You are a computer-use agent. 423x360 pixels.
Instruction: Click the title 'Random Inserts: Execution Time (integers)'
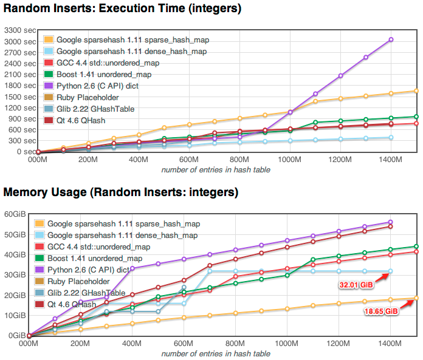122,8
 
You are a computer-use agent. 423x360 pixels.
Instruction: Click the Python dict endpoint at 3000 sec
391,39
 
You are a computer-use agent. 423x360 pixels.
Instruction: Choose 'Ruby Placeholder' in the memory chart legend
75,281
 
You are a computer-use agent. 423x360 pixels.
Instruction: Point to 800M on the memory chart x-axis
235,343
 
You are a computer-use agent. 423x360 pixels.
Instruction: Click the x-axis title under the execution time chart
215,169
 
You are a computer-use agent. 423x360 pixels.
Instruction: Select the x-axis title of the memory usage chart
215,353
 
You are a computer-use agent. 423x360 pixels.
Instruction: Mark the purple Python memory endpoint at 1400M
391,222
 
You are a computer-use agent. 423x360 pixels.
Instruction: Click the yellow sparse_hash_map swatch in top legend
49,40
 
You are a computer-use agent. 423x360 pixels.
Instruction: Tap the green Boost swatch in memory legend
40,258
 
